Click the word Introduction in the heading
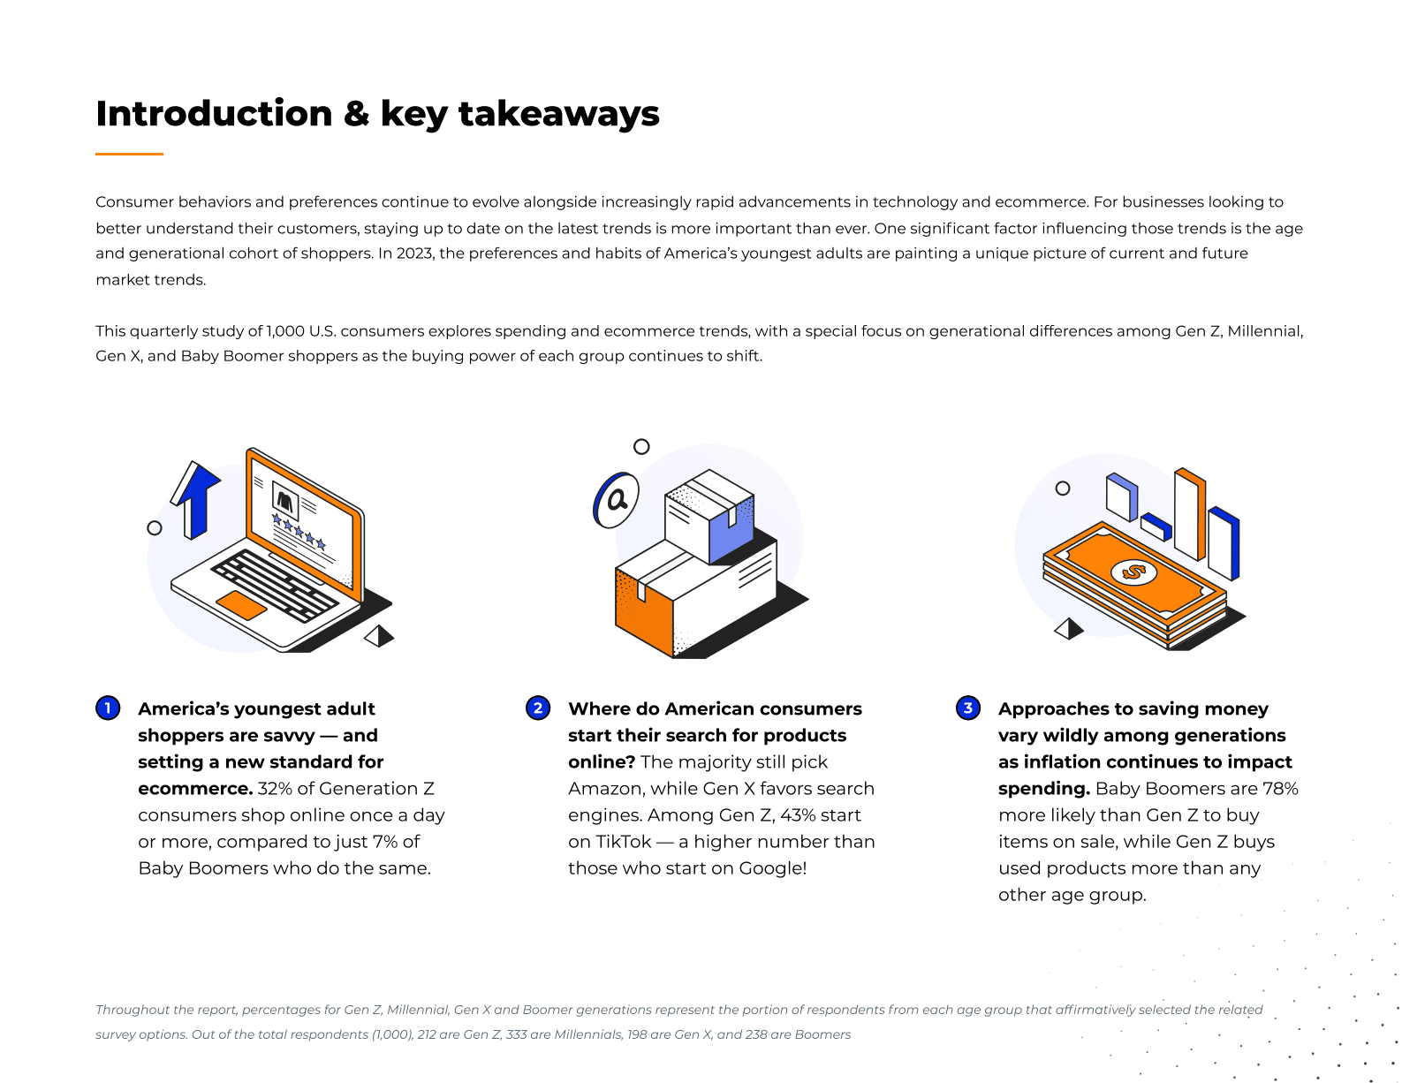214,114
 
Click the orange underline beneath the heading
129,155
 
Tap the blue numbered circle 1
108,708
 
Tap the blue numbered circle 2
537,708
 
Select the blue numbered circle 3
967,708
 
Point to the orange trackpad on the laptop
241,605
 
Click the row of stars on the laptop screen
298,531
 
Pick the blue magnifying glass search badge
616,500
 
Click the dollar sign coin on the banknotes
1133,572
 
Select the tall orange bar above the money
1189,514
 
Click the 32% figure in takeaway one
274,788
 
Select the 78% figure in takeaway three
1280,788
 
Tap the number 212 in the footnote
427,1034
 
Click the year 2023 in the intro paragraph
414,254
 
